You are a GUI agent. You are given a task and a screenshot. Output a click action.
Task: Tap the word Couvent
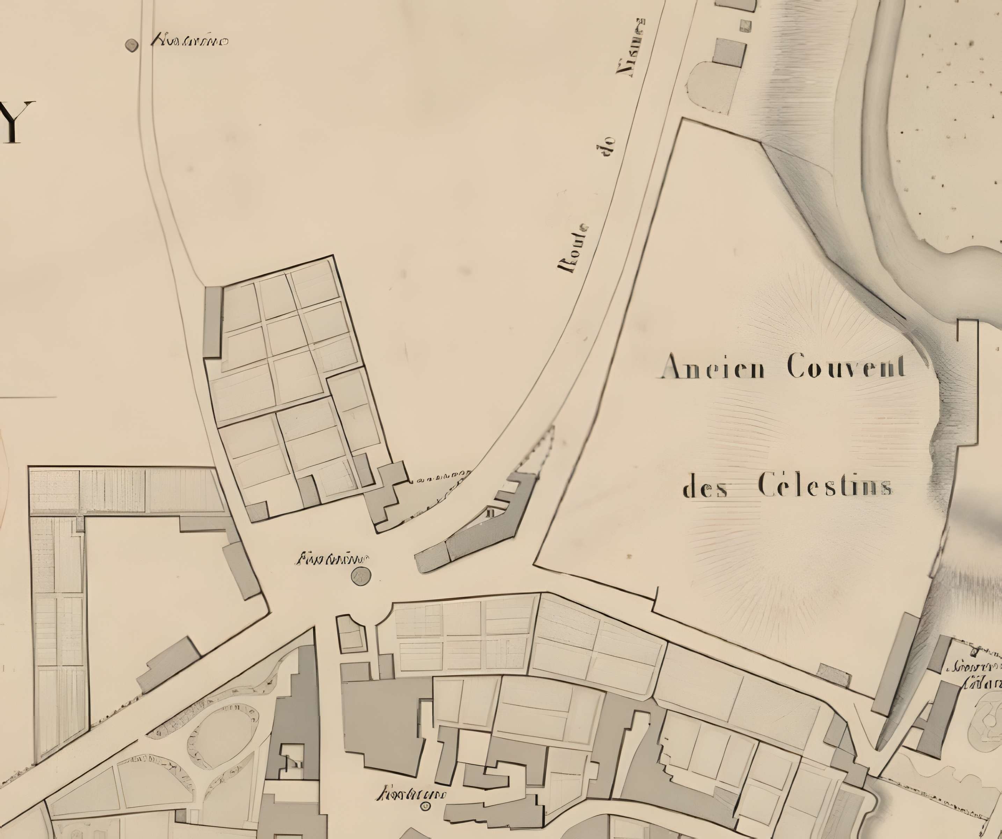[x=846, y=367]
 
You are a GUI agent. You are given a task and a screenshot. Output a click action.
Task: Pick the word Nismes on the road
[x=631, y=48]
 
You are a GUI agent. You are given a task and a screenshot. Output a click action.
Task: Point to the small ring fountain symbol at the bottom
[x=424, y=806]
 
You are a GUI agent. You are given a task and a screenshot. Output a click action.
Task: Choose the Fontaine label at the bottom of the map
[x=411, y=795]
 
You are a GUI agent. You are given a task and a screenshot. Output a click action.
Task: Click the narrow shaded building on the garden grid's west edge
[x=212, y=322]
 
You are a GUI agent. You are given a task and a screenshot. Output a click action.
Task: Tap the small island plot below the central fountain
[x=352, y=634]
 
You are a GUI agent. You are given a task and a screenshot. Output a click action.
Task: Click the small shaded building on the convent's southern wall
[x=833, y=675]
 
